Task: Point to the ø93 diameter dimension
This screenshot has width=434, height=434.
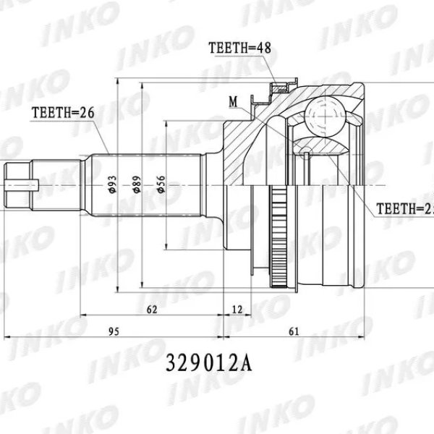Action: [112, 186]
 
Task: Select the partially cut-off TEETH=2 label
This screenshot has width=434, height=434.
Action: [405, 209]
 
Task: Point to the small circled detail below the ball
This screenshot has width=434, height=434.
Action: [307, 151]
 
